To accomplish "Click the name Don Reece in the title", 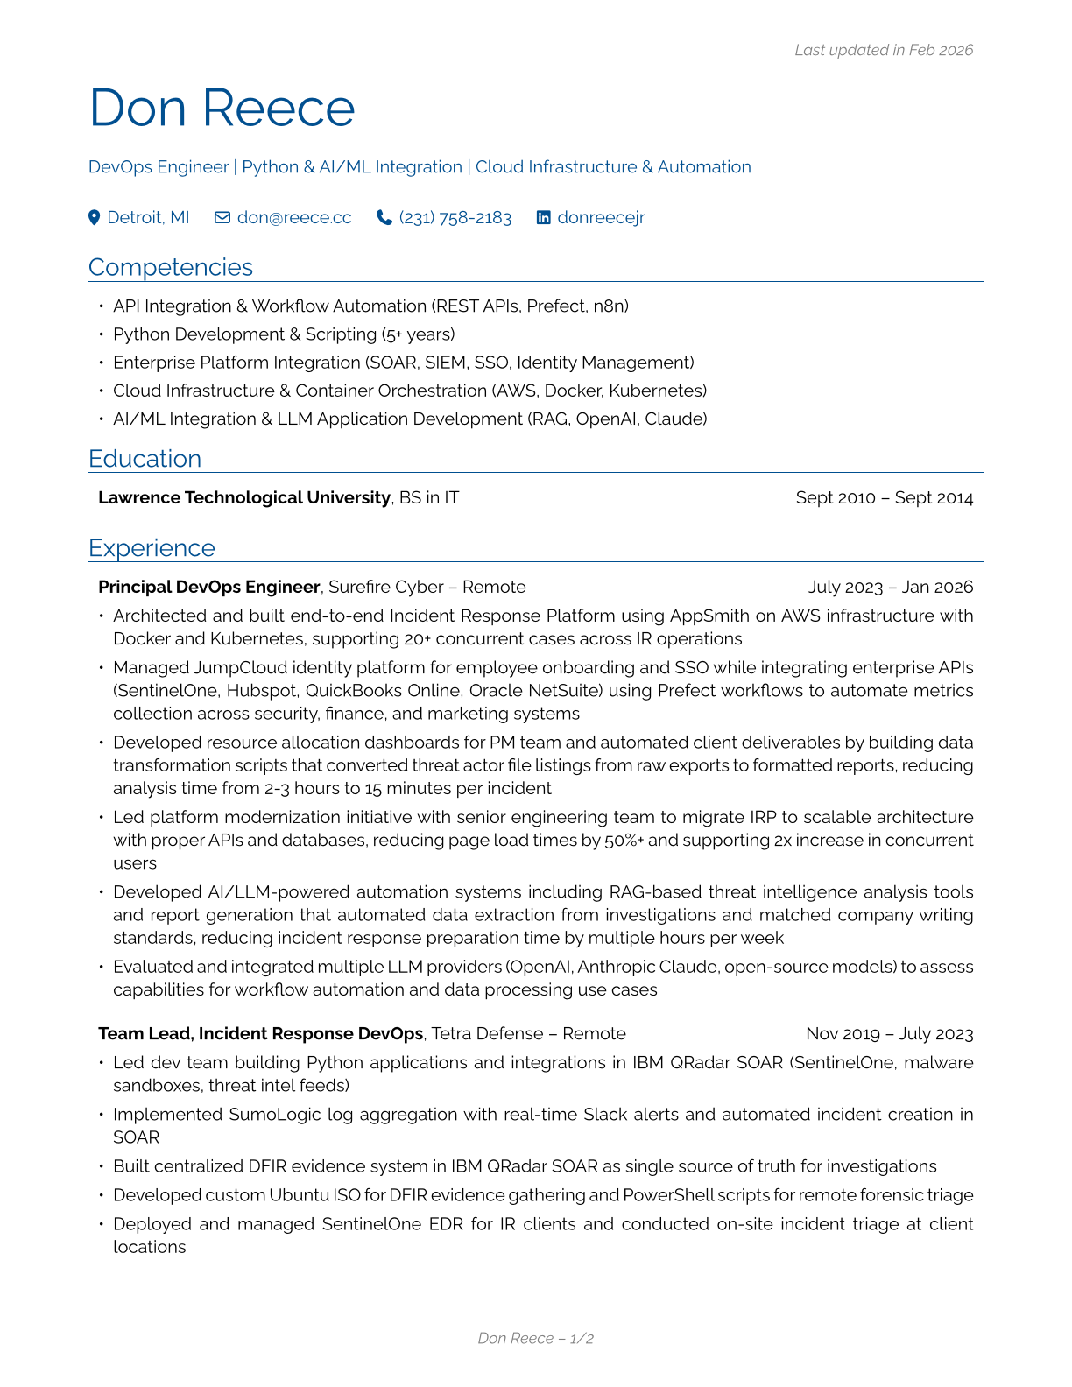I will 222,109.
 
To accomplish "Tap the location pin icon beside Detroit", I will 95,218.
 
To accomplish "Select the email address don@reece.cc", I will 294,218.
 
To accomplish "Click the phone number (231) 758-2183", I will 455,218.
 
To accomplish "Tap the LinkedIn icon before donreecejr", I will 544,218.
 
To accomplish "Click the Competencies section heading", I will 171,267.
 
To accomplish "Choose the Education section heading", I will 145,459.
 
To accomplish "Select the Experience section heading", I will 152,548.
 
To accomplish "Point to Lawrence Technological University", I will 244,498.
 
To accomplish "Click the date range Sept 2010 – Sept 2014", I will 884,498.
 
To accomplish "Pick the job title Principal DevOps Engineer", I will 209,588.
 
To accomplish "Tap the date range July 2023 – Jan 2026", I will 890,588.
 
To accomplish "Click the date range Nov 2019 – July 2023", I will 889,1034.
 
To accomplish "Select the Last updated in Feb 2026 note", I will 883,51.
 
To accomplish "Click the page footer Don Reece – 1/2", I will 535,1338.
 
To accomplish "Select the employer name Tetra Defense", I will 487,1034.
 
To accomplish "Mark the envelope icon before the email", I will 222,218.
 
